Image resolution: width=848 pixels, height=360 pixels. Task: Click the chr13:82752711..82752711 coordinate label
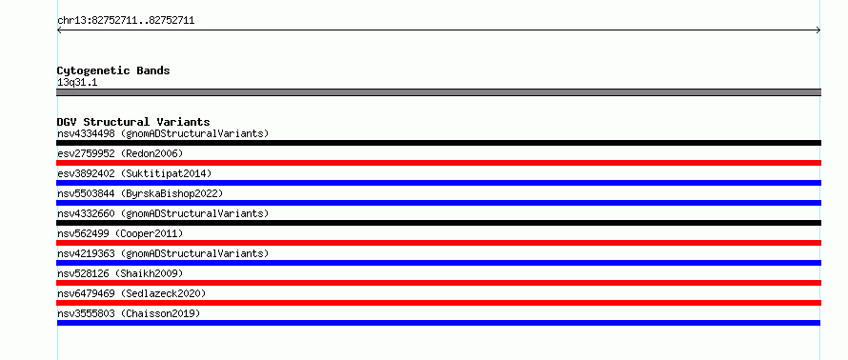pos(126,21)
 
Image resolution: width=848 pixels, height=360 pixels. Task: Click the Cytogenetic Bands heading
pos(113,70)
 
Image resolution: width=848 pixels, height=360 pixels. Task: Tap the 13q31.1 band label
pos(77,83)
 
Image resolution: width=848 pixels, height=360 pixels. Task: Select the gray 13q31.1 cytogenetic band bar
pos(438,92)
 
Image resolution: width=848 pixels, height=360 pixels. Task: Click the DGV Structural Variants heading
pos(133,122)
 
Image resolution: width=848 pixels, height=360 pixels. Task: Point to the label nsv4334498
pos(86,133)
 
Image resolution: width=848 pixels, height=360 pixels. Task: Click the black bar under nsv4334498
pos(438,143)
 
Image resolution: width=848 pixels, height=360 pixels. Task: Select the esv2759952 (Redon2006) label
pos(120,153)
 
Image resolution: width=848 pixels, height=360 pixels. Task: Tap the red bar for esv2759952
pos(438,163)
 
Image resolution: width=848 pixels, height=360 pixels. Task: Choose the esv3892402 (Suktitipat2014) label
pos(134,173)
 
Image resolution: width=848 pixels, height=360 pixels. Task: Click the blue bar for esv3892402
pos(438,183)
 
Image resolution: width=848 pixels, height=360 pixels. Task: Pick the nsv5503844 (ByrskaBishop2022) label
pos(140,193)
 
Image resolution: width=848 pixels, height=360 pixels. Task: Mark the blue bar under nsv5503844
pos(438,203)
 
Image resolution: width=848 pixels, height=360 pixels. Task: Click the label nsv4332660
pos(86,213)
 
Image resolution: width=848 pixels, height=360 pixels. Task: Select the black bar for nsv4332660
pos(438,223)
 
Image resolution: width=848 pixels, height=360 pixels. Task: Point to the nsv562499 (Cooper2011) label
pos(120,233)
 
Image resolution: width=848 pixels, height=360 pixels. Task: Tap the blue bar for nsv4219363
pos(438,263)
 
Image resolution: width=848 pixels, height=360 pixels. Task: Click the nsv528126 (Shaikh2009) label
pos(120,273)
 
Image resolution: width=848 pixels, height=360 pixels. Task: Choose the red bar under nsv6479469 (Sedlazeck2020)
pos(438,303)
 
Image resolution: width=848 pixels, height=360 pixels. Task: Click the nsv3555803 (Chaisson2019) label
pos(129,313)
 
